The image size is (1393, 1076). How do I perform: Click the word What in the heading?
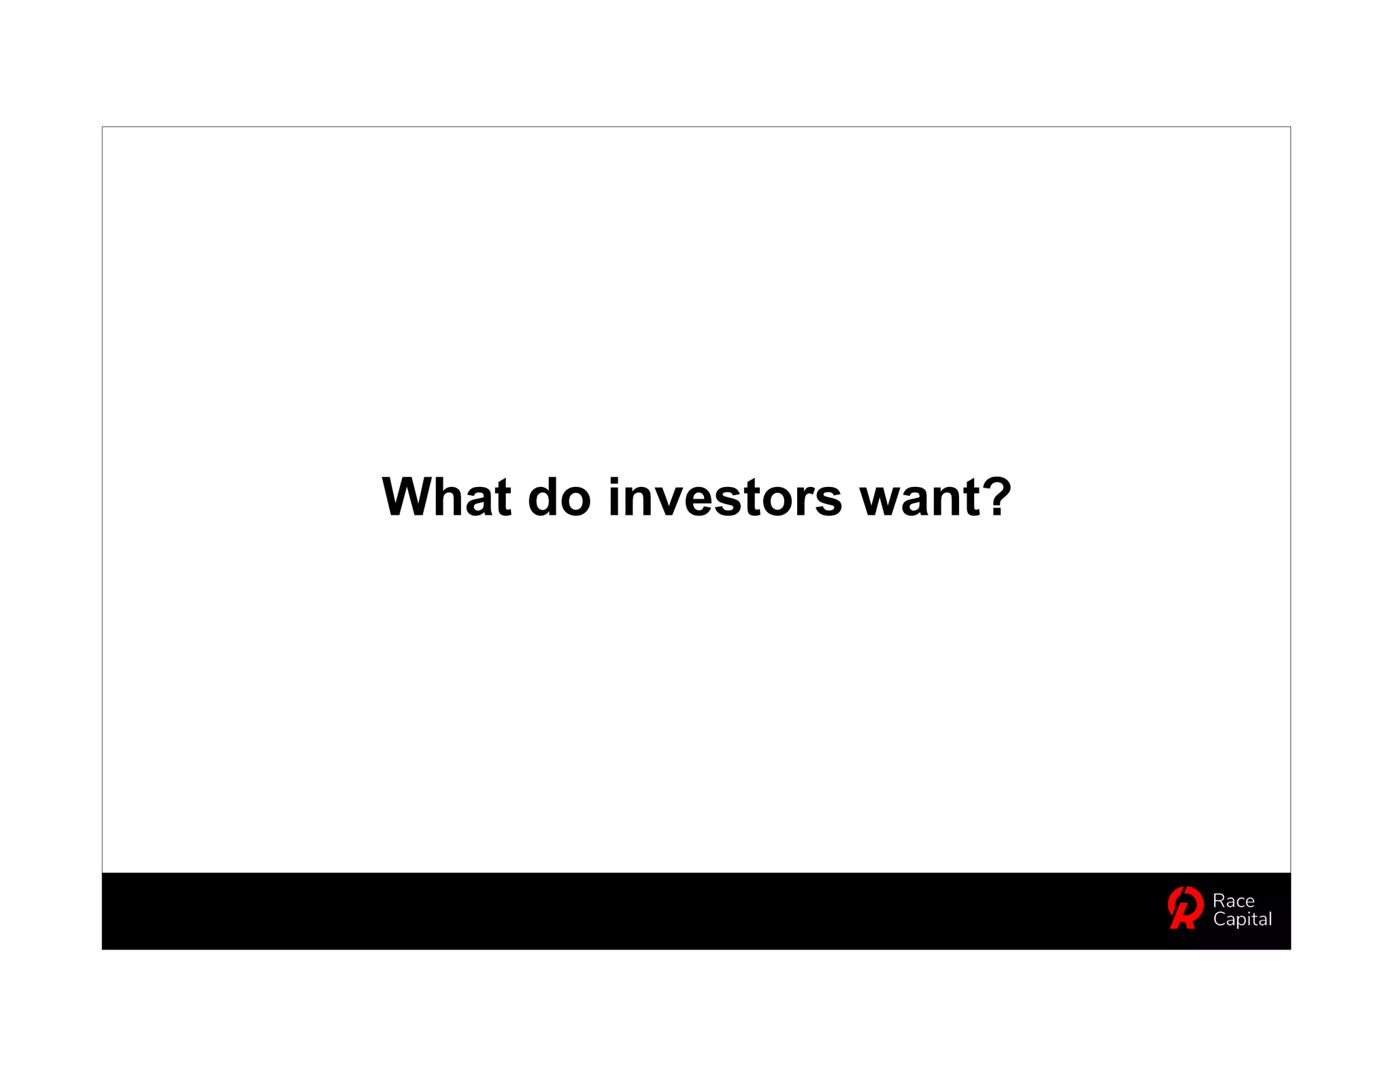click(446, 497)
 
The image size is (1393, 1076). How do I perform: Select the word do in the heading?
click(559, 497)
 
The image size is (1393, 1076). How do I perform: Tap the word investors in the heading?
click(725, 497)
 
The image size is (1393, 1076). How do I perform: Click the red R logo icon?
click(1185, 907)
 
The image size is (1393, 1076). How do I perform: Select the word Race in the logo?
click(1233, 901)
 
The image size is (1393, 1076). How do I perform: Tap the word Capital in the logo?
click(1242, 920)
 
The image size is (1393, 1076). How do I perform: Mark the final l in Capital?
click(1269, 918)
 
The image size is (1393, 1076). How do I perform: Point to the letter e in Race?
click(1249, 903)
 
